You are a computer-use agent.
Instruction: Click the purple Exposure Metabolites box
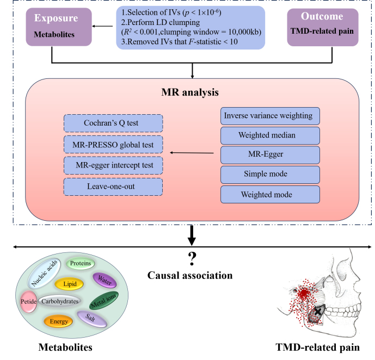pyautogui.click(x=59, y=27)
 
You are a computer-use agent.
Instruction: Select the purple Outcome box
pyautogui.click(x=323, y=27)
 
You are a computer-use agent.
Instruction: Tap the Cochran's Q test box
pyautogui.click(x=113, y=123)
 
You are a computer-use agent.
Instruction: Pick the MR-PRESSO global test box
pyautogui.click(x=113, y=145)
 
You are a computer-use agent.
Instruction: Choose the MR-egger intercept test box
pyautogui.click(x=113, y=165)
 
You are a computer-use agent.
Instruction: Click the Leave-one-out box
pyautogui.click(x=113, y=187)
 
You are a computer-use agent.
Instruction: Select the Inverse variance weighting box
pyautogui.click(x=270, y=116)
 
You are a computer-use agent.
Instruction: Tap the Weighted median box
pyautogui.click(x=270, y=136)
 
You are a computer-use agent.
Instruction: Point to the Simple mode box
pyautogui.click(x=270, y=175)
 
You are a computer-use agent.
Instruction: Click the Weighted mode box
pyautogui.click(x=270, y=195)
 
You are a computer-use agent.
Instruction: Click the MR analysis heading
pyautogui.click(x=190, y=92)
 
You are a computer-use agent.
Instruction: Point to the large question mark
pyautogui.click(x=192, y=259)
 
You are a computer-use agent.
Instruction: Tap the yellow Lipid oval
pyautogui.click(x=69, y=284)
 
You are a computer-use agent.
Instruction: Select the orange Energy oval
pyautogui.click(x=58, y=321)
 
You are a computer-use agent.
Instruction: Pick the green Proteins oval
pyautogui.click(x=80, y=263)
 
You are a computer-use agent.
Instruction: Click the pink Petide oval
pyautogui.click(x=29, y=302)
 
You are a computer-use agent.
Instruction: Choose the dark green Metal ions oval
pyautogui.click(x=104, y=301)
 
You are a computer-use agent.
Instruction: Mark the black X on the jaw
pyautogui.click(x=318, y=312)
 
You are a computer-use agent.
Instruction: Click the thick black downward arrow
pyautogui.click(x=192, y=235)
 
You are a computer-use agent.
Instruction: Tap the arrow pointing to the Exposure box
pyautogui.click(x=102, y=26)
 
